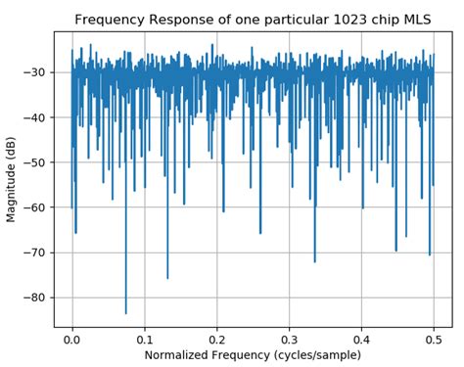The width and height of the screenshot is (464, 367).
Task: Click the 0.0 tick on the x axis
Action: point(71,336)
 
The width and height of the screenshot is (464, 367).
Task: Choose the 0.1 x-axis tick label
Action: point(144,336)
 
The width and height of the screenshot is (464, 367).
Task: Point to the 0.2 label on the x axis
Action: point(216,336)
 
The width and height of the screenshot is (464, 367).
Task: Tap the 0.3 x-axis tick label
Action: point(289,336)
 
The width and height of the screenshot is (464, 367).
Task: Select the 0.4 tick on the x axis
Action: point(361,336)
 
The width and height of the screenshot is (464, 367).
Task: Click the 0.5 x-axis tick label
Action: point(434,336)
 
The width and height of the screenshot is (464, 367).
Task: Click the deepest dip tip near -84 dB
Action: point(125,313)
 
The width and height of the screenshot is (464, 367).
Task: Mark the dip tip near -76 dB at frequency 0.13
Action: point(166,278)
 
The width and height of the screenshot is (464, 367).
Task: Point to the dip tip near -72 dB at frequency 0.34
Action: point(314,261)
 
